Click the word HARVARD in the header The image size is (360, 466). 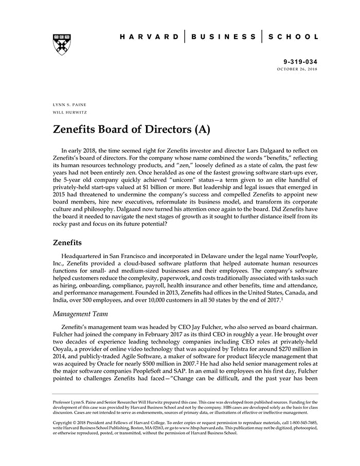click(x=149, y=37)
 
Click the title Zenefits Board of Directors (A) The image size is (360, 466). click(x=131, y=129)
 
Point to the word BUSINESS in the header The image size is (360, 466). click(x=223, y=37)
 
